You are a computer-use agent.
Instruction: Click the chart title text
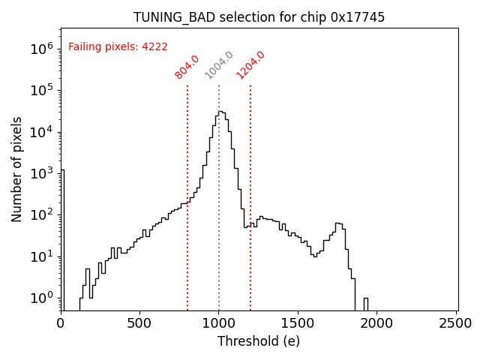coord(259,17)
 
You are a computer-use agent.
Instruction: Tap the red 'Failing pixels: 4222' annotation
coord(118,46)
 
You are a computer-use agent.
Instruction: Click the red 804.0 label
coord(187,67)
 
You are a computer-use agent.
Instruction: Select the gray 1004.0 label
coord(219,65)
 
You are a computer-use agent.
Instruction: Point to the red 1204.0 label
coord(250,64)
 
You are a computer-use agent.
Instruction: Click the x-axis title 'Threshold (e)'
coord(259,341)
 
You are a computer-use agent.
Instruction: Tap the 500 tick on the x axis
coord(139,323)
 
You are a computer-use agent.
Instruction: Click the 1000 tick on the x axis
coord(219,323)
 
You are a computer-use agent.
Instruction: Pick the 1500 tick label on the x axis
coord(298,323)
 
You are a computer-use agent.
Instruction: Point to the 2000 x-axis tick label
coord(377,323)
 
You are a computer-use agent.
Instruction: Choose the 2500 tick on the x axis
coord(456,323)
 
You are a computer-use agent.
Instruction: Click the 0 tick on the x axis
coord(61,323)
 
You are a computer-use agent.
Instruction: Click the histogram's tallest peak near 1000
coord(220,112)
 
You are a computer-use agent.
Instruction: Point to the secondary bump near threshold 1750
coord(338,224)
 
